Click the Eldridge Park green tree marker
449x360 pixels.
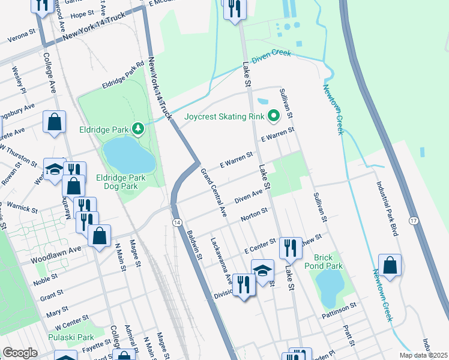(x=139, y=128)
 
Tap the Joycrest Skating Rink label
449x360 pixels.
(x=224, y=116)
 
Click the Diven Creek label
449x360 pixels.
(x=271, y=54)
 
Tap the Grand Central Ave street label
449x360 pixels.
(x=214, y=192)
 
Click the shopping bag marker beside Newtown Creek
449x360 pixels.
(x=390, y=265)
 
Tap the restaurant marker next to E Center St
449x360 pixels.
(x=290, y=247)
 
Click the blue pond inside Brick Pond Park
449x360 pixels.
(x=328, y=287)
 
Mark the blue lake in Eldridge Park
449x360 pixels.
(x=129, y=156)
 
